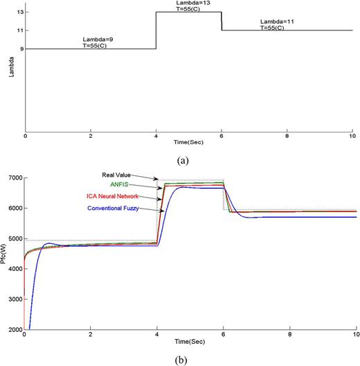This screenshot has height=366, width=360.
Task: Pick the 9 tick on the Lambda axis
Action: [18, 49]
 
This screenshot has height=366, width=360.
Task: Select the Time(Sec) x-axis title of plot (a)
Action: [188, 141]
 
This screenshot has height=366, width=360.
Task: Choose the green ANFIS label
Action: [120, 186]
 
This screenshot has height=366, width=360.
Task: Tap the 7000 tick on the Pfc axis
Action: [14, 178]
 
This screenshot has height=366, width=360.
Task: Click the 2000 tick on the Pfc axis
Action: [14, 329]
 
